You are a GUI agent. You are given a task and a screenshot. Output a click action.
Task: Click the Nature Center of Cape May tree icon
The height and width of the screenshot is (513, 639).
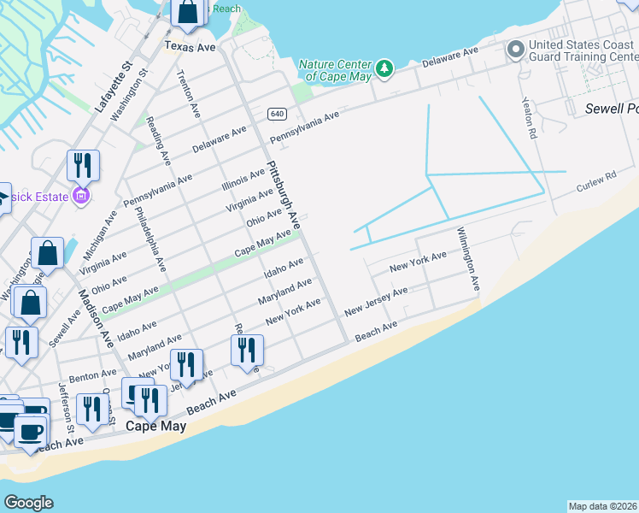[x=384, y=68]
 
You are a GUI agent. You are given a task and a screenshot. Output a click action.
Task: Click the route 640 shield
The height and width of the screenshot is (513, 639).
[x=276, y=114]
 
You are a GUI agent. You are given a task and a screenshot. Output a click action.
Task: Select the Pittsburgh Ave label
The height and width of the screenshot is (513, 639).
[x=284, y=194]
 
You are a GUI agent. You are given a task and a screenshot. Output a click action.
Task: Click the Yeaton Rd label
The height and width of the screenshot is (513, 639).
[x=529, y=118]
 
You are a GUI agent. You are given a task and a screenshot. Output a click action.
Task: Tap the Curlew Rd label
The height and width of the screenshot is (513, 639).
[x=595, y=181]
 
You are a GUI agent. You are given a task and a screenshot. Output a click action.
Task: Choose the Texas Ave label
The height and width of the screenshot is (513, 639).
[x=190, y=46]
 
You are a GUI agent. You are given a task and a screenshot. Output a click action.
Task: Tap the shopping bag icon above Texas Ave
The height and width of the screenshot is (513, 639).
[x=187, y=12]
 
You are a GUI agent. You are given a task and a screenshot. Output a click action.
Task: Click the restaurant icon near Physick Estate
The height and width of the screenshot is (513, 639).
[x=83, y=164]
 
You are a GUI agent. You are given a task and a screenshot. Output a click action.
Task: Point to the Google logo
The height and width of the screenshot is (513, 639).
[x=28, y=503]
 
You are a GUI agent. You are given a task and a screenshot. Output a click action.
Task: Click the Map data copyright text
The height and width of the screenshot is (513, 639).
[x=602, y=506]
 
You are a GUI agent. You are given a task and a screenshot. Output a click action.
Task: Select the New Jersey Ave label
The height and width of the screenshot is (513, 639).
[x=376, y=303]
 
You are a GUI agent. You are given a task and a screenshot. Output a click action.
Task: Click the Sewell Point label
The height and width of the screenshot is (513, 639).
[x=611, y=109]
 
